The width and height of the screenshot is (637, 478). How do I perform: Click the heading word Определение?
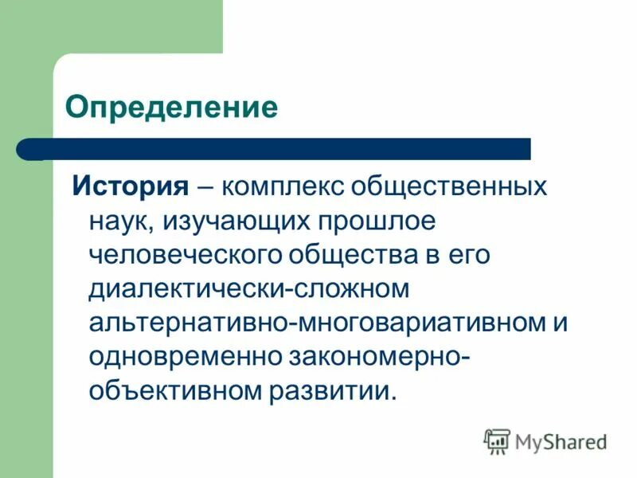171,107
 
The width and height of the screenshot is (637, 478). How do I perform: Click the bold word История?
131,186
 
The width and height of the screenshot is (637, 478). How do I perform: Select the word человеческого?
189,255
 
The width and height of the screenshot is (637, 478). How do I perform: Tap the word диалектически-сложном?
248,288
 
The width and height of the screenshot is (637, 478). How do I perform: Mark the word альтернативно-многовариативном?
307,323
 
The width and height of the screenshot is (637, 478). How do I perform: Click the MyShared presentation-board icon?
497,441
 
